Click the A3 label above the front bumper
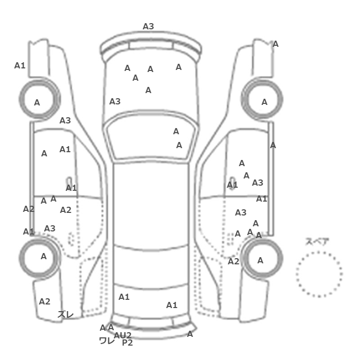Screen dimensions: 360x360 [x=148, y=26]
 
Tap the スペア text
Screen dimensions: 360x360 [x=317, y=242]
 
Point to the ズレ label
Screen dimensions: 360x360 [x=65, y=314]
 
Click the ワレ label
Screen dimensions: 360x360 [x=106, y=340]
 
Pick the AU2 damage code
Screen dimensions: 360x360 [x=123, y=335]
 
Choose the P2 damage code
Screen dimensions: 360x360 [x=128, y=343]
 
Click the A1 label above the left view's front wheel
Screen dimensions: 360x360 [x=20, y=65]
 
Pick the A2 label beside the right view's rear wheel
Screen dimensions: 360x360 [x=233, y=261]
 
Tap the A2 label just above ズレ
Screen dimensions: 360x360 [x=45, y=301]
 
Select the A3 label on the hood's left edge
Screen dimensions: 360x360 [x=115, y=101]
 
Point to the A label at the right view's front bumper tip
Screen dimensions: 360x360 [x=276, y=44]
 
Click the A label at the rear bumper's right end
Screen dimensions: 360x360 [x=190, y=334]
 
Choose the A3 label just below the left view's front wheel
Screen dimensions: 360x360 [x=65, y=120]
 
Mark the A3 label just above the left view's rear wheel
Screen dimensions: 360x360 [x=50, y=228]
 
